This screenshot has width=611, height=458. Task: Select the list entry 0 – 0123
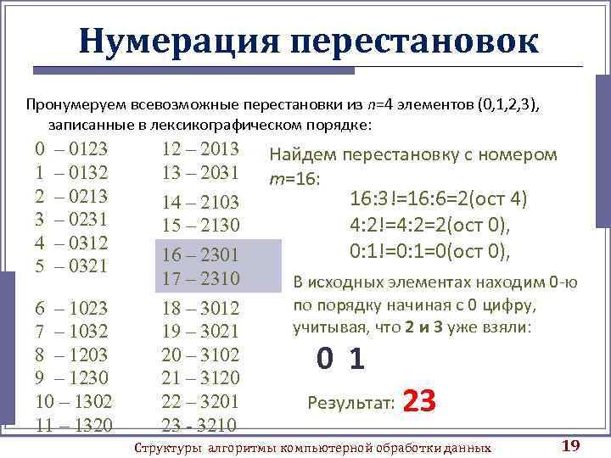[x=71, y=149]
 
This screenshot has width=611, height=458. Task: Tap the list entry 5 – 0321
[x=71, y=265]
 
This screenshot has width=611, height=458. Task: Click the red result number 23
[x=419, y=400]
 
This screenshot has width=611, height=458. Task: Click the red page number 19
[x=570, y=446]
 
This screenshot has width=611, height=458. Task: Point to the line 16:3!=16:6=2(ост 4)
[x=439, y=199]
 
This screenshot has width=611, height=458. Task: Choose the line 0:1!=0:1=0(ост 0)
[x=430, y=251]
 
